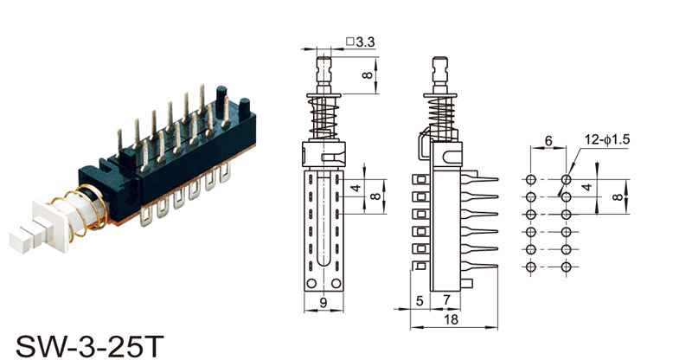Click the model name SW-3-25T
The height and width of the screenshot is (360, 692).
click(90, 346)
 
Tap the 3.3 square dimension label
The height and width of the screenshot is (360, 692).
click(361, 42)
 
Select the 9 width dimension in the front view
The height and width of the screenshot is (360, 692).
click(324, 303)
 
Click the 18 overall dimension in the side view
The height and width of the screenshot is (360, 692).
click(452, 319)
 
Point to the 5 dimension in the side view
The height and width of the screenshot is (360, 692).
click(420, 301)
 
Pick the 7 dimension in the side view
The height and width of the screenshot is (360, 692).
click(446, 299)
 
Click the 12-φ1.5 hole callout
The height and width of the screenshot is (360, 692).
click(607, 139)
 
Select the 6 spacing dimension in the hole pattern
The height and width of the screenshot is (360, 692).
click(548, 141)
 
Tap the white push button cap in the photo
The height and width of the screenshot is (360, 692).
click(40, 225)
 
